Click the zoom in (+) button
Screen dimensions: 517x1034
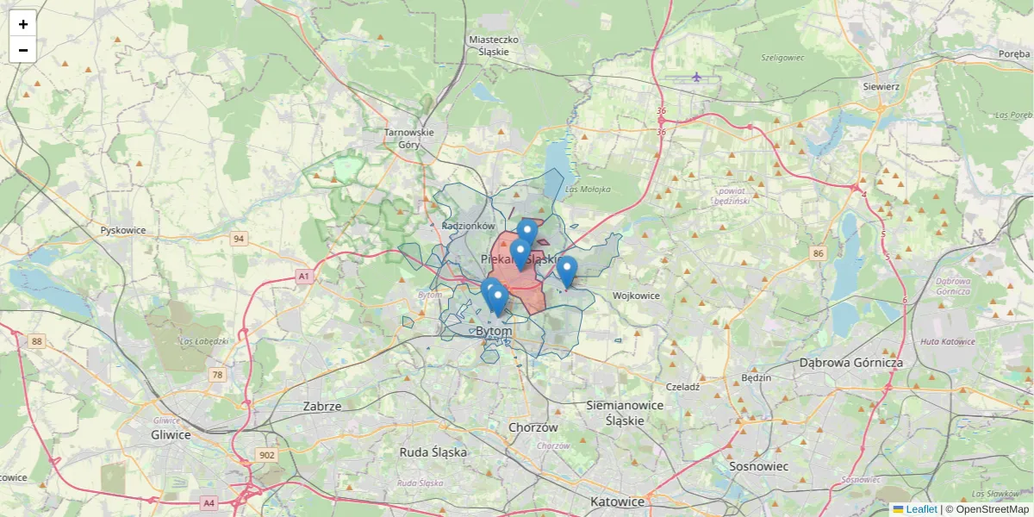pos(22,24)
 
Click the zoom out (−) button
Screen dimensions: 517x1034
pos(22,50)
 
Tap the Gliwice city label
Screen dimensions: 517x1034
pos(171,434)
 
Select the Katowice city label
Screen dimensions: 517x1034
pos(617,501)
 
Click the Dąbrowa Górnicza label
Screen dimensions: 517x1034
pos(850,363)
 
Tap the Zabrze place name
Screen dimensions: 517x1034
pos(322,406)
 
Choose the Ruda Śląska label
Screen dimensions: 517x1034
pos(433,452)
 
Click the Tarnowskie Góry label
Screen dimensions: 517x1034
pos(409,138)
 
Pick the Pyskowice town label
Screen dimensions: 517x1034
pos(123,230)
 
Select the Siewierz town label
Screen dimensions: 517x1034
pos(881,86)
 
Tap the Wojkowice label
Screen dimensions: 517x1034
pos(636,296)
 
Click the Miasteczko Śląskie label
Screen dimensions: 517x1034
pos(493,45)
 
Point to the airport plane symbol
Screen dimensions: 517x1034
pos(696,78)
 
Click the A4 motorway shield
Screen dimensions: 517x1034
pos(209,502)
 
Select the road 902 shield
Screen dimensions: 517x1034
pos(266,455)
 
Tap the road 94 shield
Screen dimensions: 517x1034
pos(239,239)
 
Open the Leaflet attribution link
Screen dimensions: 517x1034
pos(920,509)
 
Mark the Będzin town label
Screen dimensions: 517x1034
pos(756,377)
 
